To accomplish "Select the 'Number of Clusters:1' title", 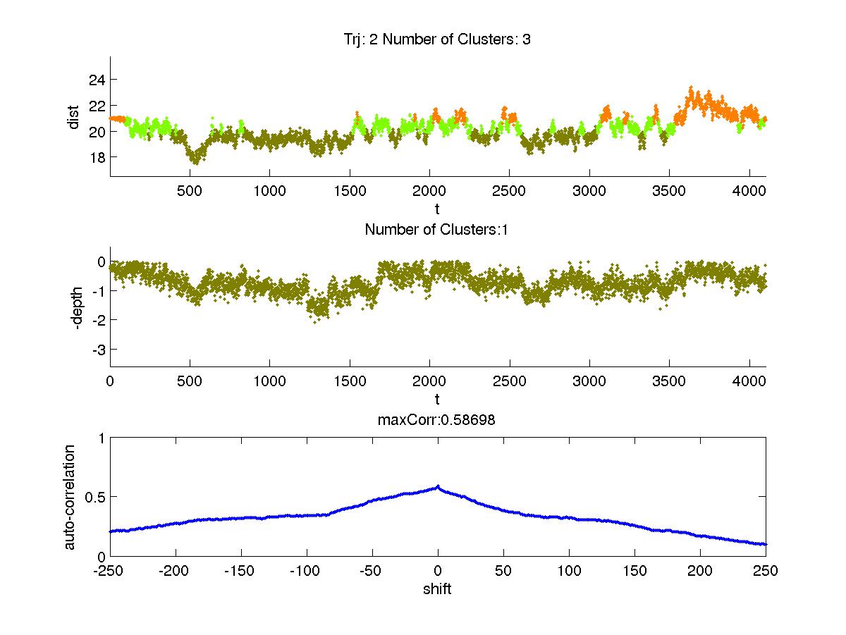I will coord(437,229).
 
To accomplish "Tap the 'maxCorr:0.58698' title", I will coord(437,421).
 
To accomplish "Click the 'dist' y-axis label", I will coord(73,117).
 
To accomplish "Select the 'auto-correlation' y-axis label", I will coord(70,496).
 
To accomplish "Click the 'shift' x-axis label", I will coord(437,588).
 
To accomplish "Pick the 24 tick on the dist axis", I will coord(96,80).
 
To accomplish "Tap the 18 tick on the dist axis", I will coord(96,156).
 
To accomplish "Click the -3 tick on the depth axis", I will coord(97,350).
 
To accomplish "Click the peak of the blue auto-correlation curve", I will coord(438,486).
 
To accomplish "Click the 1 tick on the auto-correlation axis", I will coord(101,438).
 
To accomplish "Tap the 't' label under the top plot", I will coord(437,209).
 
